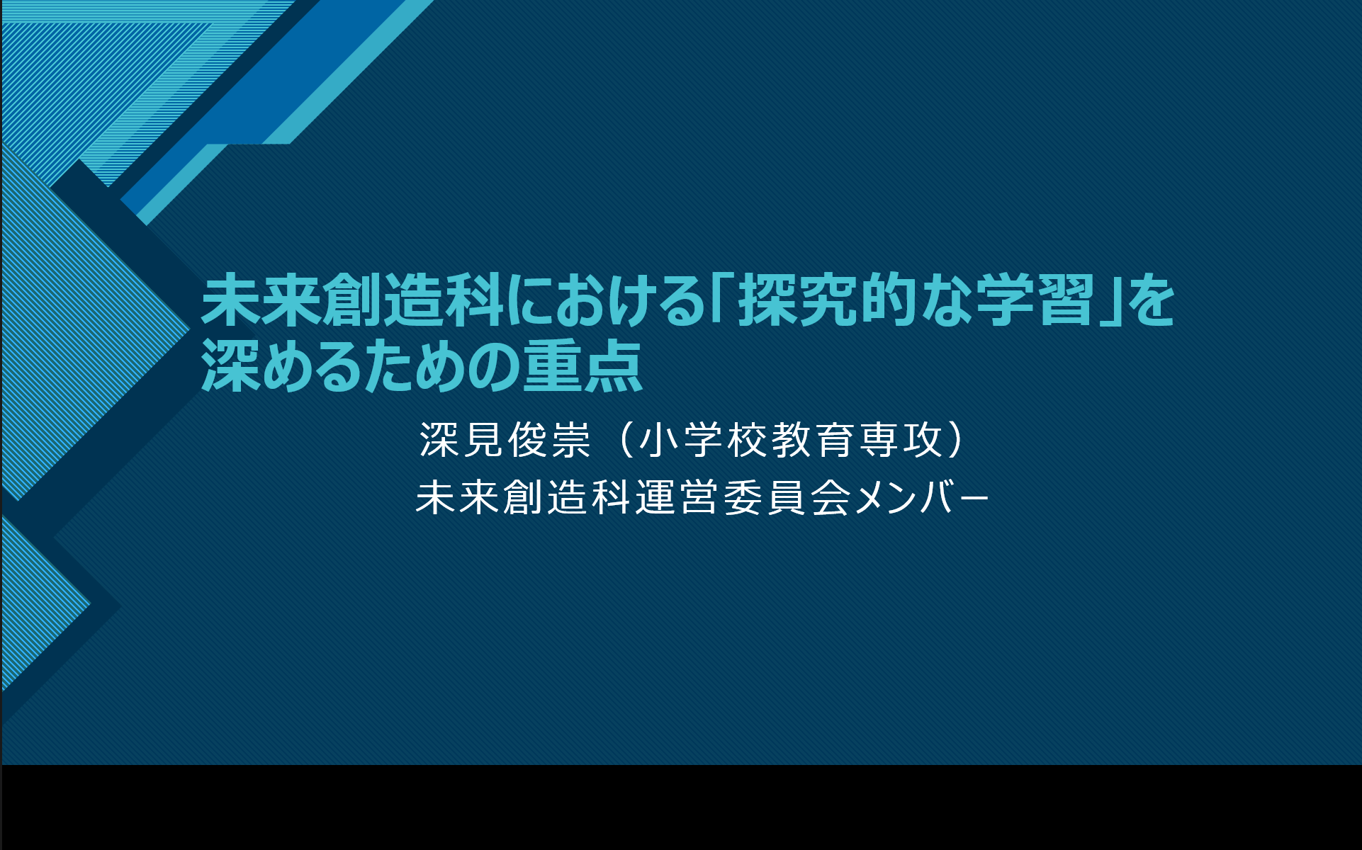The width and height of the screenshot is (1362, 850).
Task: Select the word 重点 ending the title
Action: (583, 366)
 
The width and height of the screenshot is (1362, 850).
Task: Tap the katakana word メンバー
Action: (921, 497)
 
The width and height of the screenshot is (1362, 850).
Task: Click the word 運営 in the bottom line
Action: (677, 497)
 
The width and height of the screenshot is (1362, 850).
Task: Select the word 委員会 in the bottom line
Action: (787, 497)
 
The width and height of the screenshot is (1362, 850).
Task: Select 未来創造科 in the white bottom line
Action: (523, 497)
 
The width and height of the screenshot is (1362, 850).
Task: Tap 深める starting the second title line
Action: (291, 366)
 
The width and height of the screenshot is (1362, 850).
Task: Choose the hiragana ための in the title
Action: (451, 366)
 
